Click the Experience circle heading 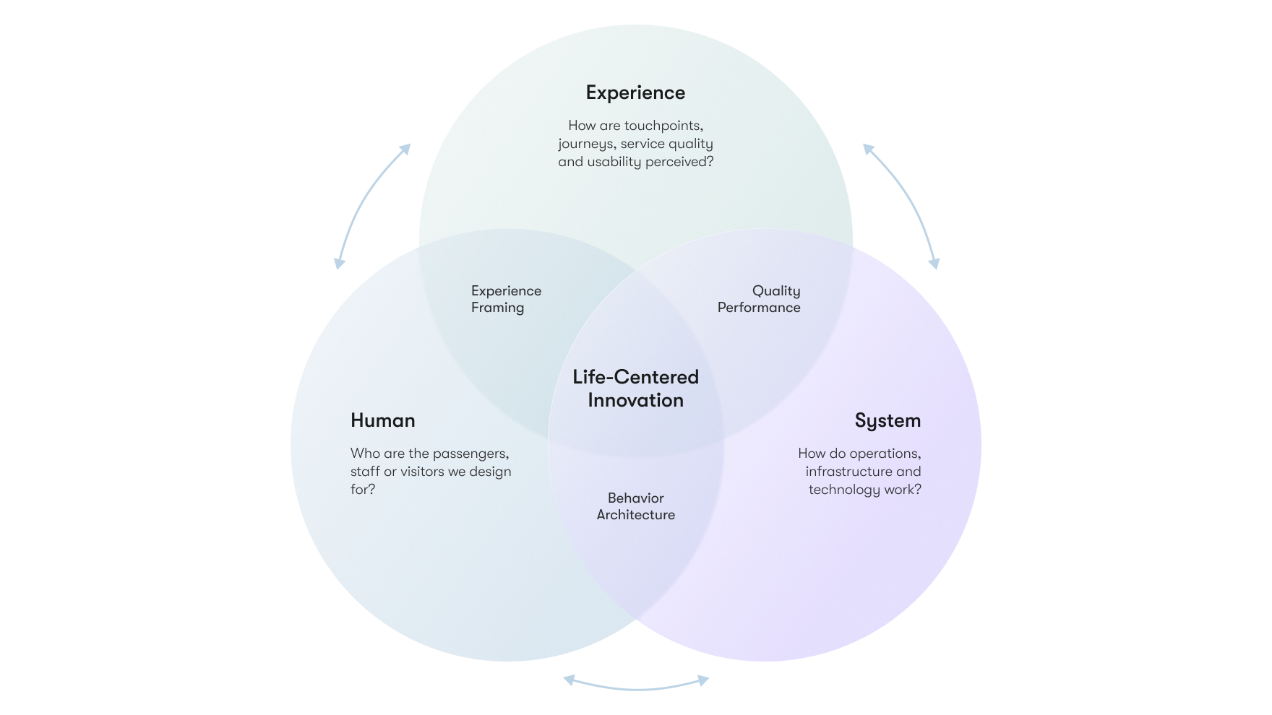click(x=635, y=93)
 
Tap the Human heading click(x=382, y=420)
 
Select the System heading click(x=888, y=420)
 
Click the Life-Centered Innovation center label click(x=635, y=389)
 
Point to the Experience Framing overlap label click(x=506, y=299)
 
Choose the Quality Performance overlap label click(x=759, y=299)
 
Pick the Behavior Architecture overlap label click(x=635, y=506)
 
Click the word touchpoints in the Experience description click(x=663, y=126)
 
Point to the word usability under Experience click(x=614, y=162)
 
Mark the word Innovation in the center click(x=635, y=400)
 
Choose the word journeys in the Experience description click(x=587, y=144)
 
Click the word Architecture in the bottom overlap click(x=635, y=515)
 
